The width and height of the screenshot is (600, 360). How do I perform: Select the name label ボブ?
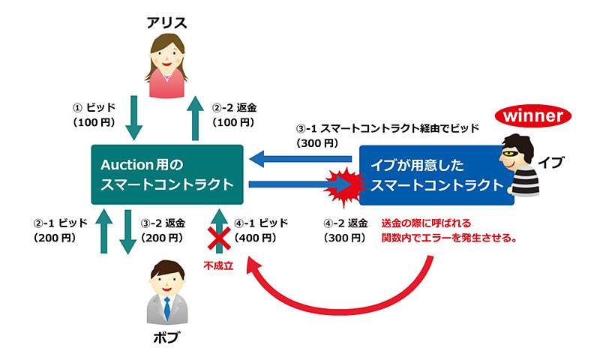coord(166,337)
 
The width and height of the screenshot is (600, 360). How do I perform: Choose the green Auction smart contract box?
coord(167,173)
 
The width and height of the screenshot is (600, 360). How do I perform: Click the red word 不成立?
coord(218,265)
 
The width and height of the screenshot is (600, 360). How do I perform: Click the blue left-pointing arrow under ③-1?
coord(300,158)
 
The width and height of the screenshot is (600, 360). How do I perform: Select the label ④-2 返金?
coord(346,223)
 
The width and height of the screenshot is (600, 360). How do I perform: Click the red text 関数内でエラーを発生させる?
coord(451,238)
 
